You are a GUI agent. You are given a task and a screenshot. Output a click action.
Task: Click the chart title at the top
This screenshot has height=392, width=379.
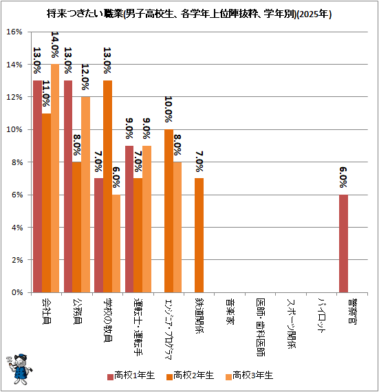pyautogui.click(x=189, y=14)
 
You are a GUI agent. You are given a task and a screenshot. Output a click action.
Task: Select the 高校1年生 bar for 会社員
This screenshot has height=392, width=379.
pyautogui.click(x=38, y=186)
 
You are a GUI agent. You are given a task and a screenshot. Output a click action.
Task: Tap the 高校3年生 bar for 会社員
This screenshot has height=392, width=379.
pyautogui.click(x=55, y=178)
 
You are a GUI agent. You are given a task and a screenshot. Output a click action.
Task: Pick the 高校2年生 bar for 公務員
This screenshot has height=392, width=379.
pyautogui.click(x=77, y=227)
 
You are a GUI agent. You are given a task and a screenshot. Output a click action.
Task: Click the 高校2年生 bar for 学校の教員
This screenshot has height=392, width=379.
pyautogui.click(x=107, y=186)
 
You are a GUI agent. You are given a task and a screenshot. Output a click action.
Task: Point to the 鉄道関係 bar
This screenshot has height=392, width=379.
pyautogui.click(x=199, y=235)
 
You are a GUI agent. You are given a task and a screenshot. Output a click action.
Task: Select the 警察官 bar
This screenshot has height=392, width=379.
pyautogui.click(x=343, y=243)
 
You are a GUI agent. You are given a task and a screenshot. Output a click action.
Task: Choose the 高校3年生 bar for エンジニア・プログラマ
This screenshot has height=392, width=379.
pyautogui.click(x=177, y=227)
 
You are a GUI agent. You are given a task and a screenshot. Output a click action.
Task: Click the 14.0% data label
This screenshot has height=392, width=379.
pyautogui.click(x=55, y=45)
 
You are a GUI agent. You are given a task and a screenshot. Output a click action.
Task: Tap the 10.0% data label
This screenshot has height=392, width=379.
pyautogui.click(x=169, y=109)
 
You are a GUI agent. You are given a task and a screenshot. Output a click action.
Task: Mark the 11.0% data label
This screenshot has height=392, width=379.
pyautogui.click(x=46, y=94)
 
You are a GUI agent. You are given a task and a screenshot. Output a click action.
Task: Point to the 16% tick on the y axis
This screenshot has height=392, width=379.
pyautogui.click(x=14, y=32)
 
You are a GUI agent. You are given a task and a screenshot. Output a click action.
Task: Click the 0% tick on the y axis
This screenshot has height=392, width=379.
pyautogui.click(x=17, y=292)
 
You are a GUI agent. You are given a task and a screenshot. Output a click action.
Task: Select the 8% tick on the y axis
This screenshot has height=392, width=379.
pyautogui.click(x=17, y=162)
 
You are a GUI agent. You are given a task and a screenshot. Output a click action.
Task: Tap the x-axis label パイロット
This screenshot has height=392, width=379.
pyautogui.click(x=321, y=315)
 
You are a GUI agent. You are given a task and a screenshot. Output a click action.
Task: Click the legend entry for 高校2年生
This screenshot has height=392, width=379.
pyautogui.click(x=191, y=375)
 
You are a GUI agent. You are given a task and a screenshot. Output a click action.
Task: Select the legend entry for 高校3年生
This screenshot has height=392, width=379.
pyautogui.click(x=249, y=375)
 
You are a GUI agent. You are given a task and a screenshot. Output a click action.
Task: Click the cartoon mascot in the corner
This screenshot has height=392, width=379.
pyautogui.click(x=19, y=369)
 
